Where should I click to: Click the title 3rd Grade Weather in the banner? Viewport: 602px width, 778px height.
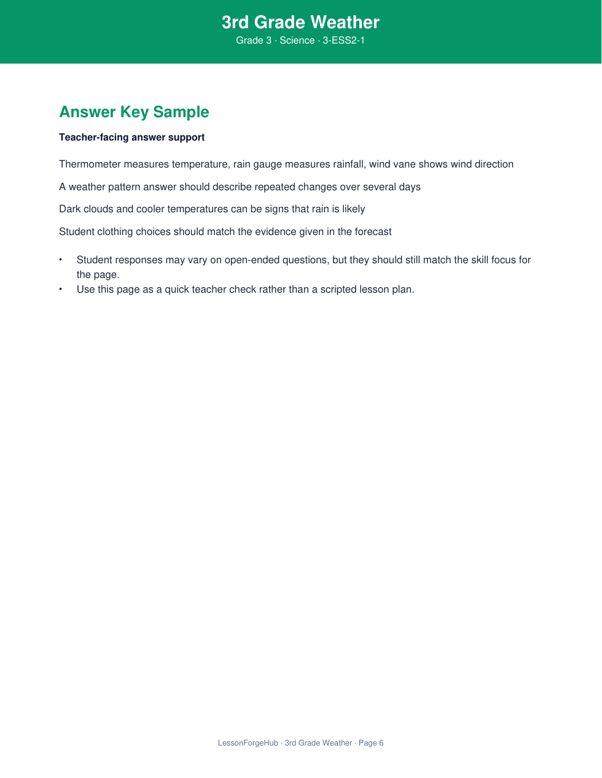300,22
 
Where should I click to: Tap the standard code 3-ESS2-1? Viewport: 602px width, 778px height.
344,40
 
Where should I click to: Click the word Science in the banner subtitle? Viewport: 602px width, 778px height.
297,40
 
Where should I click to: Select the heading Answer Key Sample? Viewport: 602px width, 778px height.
134,112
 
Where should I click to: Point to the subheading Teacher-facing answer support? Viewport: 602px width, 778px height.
131,137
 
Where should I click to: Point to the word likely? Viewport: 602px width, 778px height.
353,209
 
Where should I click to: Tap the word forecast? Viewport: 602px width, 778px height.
373,232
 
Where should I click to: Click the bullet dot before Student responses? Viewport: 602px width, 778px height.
61,260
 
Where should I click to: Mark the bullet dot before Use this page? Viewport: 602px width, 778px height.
61,289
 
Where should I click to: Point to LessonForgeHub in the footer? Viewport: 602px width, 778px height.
248,743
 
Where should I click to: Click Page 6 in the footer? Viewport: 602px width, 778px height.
371,743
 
